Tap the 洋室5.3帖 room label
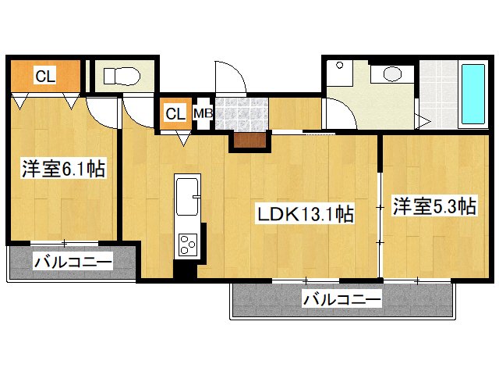click(x=434, y=207)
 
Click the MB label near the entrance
click(x=203, y=113)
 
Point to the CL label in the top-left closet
click(x=45, y=76)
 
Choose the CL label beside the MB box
click(x=175, y=113)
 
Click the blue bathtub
click(x=473, y=95)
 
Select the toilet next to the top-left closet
click(x=122, y=76)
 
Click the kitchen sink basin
click(x=188, y=195)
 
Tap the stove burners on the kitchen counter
click(x=188, y=245)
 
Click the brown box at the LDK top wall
click(x=248, y=141)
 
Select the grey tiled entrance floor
click(x=241, y=112)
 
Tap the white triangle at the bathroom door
click(x=423, y=122)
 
